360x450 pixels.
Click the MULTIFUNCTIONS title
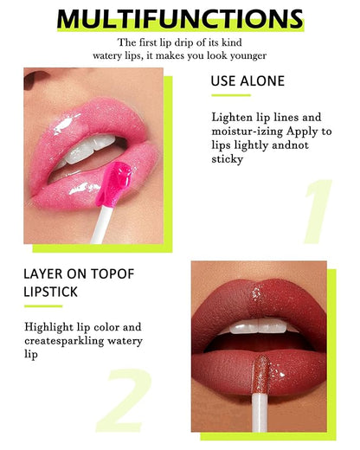[180, 19]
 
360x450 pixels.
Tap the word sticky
[227, 158]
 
